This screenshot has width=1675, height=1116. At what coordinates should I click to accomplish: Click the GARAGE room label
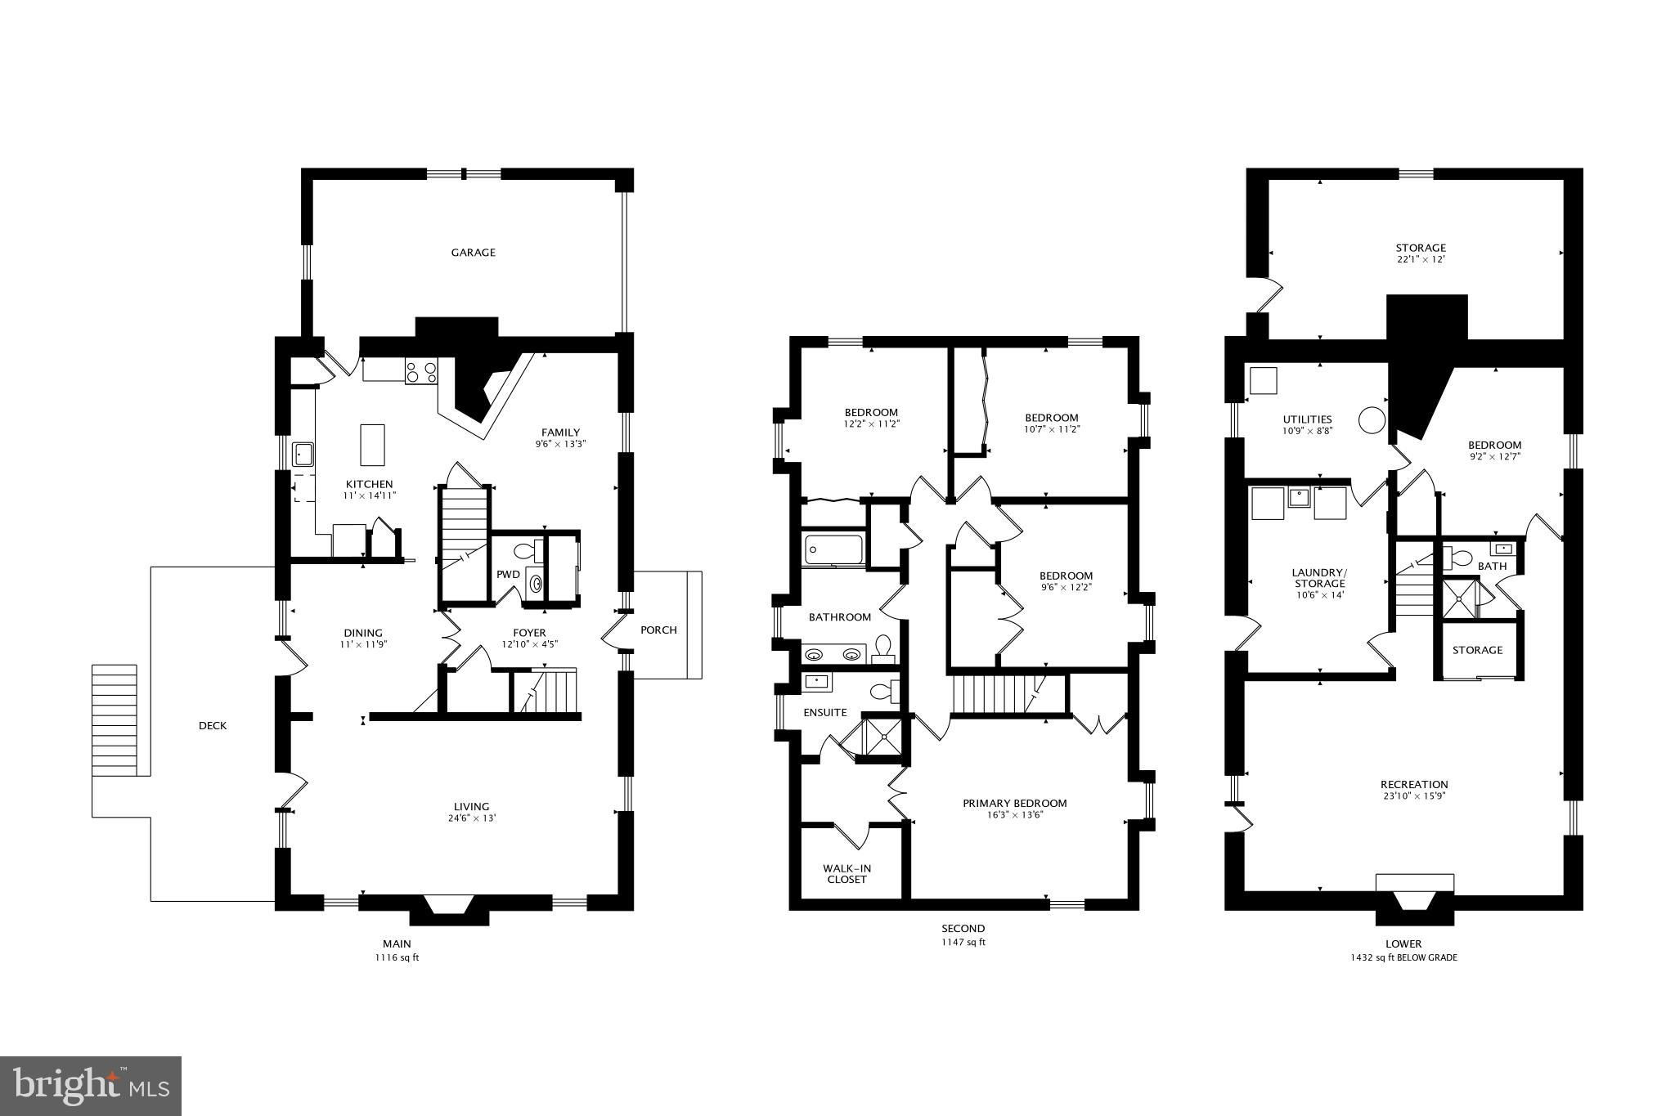(474, 253)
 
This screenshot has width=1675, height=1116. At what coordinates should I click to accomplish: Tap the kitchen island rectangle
(372, 445)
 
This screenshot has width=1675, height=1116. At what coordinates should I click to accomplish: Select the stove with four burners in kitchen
(421, 373)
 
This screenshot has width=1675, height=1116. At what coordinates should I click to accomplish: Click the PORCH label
(658, 630)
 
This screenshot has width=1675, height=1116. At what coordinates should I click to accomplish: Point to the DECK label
(213, 726)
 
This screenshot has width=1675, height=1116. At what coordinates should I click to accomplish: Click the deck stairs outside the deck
(114, 719)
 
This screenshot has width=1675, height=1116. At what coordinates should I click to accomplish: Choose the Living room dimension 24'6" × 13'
(472, 818)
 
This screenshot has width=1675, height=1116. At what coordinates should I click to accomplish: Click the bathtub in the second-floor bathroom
(833, 549)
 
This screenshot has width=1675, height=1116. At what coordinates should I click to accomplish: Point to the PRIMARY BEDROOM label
(1015, 803)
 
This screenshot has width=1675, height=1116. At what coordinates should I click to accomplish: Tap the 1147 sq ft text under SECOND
(963, 942)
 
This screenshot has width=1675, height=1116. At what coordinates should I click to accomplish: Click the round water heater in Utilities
(1372, 421)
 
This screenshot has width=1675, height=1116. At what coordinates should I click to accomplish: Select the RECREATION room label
(1414, 784)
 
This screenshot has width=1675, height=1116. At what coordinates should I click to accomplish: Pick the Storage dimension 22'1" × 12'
(1421, 260)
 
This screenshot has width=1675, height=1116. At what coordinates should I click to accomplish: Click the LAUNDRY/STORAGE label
(1320, 578)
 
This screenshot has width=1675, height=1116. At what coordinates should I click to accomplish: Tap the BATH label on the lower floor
(1492, 566)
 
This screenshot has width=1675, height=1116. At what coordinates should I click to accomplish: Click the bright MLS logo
(92, 1085)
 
